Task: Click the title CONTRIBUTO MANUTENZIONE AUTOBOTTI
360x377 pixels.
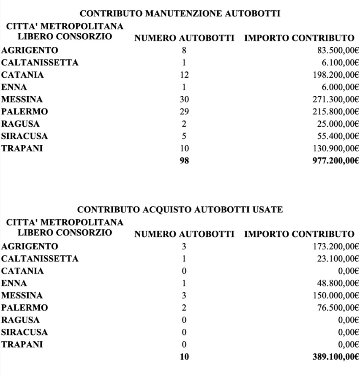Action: (x=180, y=14)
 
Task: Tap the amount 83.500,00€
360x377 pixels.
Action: (x=335, y=51)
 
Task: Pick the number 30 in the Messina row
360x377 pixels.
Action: (x=184, y=100)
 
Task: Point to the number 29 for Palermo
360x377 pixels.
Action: (x=184, y=112)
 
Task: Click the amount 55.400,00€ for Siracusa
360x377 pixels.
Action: (x=335, y=136)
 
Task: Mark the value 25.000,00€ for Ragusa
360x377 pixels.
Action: (x=335, y=124)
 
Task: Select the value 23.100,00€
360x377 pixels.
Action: (x=335, y=258)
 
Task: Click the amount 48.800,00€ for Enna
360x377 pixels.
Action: (x=335, y=283)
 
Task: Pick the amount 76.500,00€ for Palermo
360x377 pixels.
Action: (x=335, y=307)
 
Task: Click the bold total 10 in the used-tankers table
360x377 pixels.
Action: (x=184, y=356)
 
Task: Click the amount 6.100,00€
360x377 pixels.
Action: (x=337, y=63)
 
